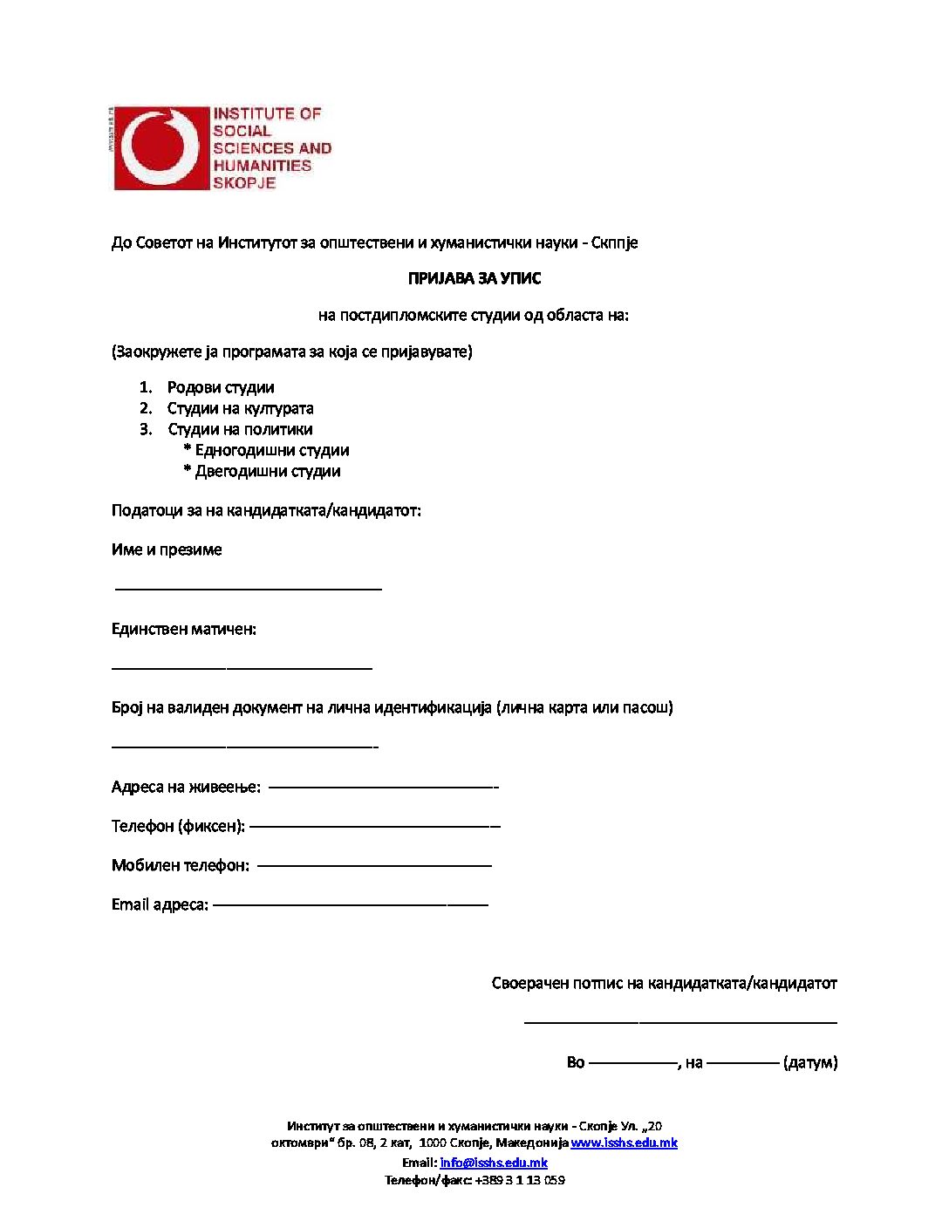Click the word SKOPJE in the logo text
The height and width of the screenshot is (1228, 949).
coord(244,183)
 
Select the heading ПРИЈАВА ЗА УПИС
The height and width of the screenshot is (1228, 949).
coord(474,279)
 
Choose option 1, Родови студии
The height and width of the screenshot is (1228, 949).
coord(221,387)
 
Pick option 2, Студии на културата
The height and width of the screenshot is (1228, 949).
coord(240,408)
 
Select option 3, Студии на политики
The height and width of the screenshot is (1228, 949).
coord(240,429)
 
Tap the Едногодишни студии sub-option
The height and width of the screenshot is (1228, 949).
coord(271,450)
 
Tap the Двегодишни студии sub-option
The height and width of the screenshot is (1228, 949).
coord(267,471)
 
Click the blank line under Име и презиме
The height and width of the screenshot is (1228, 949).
coord(249,590)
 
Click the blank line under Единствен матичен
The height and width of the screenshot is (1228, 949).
coord(242,668)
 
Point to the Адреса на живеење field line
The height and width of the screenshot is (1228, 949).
coord(383,787)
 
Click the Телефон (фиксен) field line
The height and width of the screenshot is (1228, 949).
coord(374,825)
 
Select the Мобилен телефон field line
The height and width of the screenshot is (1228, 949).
coord(374,865)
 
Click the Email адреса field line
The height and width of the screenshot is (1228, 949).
coord(350,904)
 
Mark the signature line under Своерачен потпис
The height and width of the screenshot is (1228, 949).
coord(680,1020)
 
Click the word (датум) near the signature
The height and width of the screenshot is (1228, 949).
coord(810,1062)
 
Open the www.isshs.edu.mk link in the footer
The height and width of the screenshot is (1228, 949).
coord(624,1143)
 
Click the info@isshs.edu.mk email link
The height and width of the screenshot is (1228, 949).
coord(494,1163)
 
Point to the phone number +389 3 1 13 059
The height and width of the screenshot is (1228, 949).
coord(520,1180)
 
